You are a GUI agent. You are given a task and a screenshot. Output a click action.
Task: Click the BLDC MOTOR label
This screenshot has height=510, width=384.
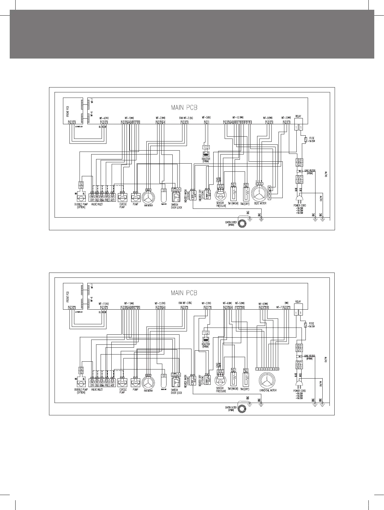(x=258, y=204)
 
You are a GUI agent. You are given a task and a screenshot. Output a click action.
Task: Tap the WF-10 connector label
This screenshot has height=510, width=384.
(x=238, y=118)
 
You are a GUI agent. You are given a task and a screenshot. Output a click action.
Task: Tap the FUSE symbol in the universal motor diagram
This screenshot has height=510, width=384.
(x=305, y=325)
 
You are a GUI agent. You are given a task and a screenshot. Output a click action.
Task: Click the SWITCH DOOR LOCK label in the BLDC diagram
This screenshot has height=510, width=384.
(x=176, y=206)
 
